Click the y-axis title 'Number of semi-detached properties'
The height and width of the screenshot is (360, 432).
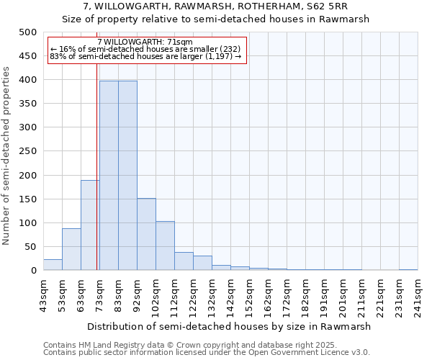(x=6, y=156)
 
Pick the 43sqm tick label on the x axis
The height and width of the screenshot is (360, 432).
(x=48, y=294)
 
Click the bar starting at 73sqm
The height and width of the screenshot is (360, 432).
(x=109, y=176)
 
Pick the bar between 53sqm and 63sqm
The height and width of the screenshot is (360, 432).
(x=71, y=249)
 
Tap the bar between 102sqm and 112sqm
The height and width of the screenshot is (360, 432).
(x=165, y=246)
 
